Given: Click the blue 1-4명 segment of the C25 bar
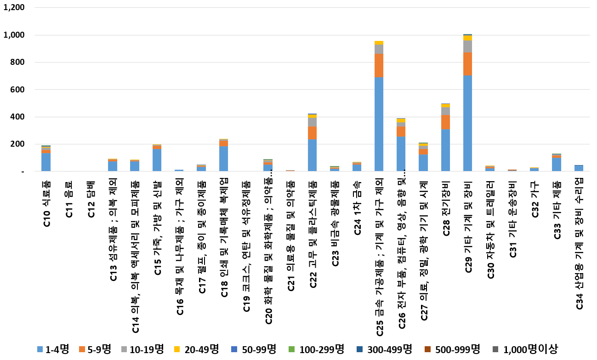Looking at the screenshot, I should click(379, 124).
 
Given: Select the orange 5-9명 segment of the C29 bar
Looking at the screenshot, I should click(467, 63).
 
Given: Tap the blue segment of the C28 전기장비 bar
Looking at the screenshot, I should click(445, 150).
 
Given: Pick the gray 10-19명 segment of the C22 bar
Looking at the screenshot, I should click(312, 122).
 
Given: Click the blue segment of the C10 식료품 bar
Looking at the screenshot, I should click(46, 162).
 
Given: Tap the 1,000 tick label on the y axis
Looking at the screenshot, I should click(15, 35).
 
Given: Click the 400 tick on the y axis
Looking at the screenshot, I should click(18, 117).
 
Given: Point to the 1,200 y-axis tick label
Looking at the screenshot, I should click(15, 8).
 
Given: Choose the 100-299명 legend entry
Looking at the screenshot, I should click(322, 349).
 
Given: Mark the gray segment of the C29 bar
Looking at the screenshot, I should click(467, 46).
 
